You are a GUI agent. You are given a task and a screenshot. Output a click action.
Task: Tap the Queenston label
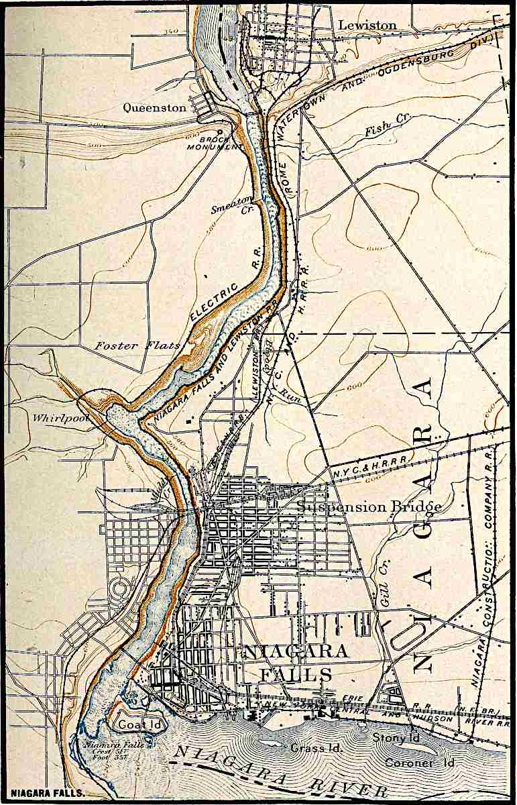coord(154,107)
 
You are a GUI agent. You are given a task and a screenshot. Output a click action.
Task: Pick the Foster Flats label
coord(137,346)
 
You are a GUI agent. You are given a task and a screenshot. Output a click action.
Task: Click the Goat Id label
coord(135,725)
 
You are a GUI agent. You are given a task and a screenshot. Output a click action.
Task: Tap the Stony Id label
coord(396,739)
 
